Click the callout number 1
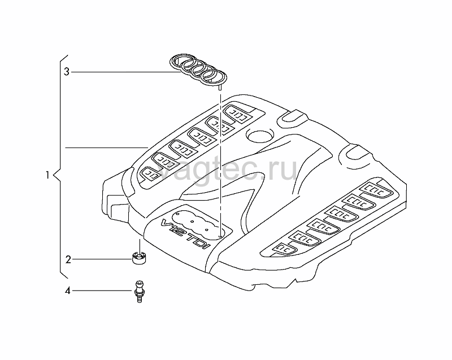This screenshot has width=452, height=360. [x=47, y=175]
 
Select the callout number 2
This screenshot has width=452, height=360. [x=68, y=260]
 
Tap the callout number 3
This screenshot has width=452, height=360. [x=67, y=72]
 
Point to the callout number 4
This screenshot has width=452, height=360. [x=67, y=291]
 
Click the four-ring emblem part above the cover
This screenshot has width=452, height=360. [x=198, y=70]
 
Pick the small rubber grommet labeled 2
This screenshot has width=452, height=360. [x=139, y=258]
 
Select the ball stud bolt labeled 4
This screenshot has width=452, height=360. [x=139, y=292]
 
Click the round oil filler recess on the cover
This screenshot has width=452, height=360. [x=260, y=136]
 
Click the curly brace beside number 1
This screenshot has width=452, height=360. [x=60, y=167]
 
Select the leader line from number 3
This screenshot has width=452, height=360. [x=126, y=72]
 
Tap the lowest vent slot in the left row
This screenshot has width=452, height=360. [x=150, y=174]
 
